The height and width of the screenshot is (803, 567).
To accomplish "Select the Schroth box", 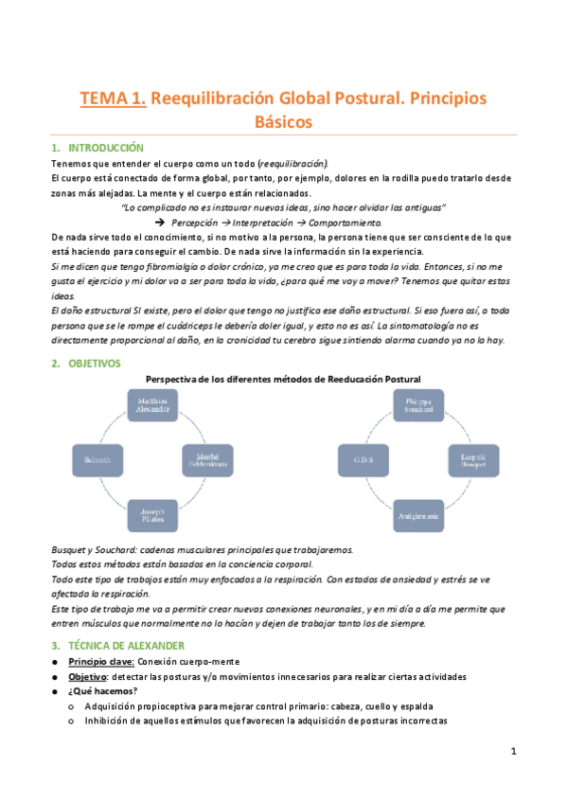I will coord(99,461).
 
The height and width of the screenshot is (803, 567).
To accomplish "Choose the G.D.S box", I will coord(363,461).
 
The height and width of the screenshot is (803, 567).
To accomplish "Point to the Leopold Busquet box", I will coord(475,461).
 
